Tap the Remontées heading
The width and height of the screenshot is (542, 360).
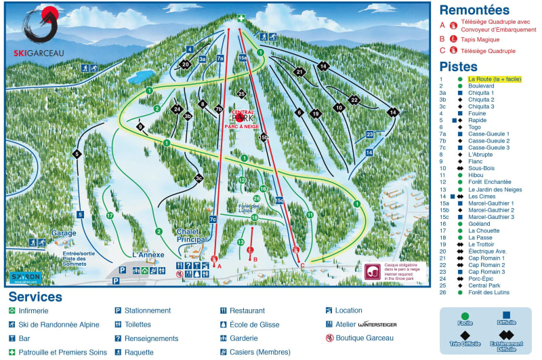pos(474,10)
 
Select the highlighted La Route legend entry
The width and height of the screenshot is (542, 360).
pos(494,79)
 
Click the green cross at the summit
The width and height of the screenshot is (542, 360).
pos(241,18)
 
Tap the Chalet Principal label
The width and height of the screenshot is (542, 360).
pos(191,235)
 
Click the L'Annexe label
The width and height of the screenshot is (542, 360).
pos(148,254)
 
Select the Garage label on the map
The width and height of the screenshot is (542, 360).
pos(64,233)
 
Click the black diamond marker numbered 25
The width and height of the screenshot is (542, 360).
pos(241,94)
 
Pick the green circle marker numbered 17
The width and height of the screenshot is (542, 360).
pos(109,216)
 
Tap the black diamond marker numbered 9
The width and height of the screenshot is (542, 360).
pos(141,127)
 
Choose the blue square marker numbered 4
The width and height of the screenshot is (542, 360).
pos(190,49)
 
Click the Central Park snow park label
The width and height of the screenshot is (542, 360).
pos(242,119)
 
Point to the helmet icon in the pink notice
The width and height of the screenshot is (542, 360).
pos(372,273)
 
